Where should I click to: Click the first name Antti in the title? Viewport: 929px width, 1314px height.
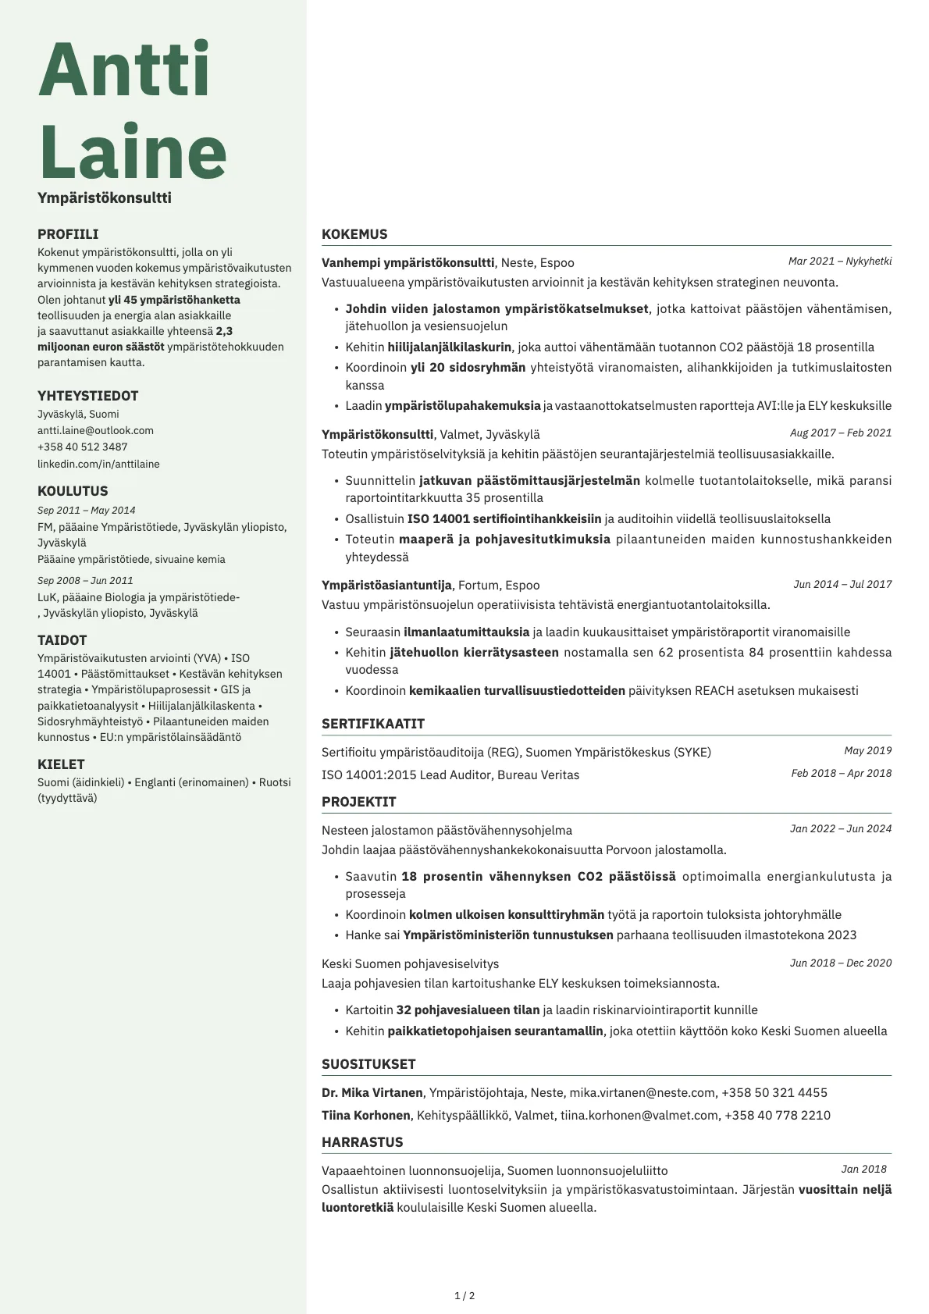click(125, 70)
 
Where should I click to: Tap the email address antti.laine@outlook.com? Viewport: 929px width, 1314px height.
click(95, 430)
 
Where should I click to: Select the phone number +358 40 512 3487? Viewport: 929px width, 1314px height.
click(82, 447)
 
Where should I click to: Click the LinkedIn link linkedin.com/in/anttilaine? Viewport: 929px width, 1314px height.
click(98, 464)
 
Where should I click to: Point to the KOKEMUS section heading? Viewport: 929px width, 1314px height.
click(354, 234)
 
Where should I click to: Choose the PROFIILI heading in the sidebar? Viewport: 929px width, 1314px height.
click(68, 234)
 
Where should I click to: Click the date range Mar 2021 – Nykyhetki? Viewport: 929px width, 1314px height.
click(839, 262)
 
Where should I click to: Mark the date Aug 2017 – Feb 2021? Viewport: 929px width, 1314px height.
click(840, 433)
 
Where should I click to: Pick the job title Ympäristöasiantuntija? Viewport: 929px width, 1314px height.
click(386, 585)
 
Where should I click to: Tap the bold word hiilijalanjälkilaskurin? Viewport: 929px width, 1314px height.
click(450, 347)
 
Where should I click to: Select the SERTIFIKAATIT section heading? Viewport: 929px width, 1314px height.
click(373, 724)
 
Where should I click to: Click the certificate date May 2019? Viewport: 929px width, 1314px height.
click(867, 750)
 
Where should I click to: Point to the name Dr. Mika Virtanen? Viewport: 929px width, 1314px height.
click(372, 1092)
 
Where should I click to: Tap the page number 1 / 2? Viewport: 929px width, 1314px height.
click(464, 1295)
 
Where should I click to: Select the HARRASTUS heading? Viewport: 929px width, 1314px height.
click(362, 1142)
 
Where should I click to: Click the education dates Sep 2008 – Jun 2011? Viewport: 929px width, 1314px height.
click(85, 580)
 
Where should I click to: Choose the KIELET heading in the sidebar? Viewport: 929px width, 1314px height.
click(61, 764)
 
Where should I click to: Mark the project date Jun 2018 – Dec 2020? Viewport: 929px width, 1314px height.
click(840, 963)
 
